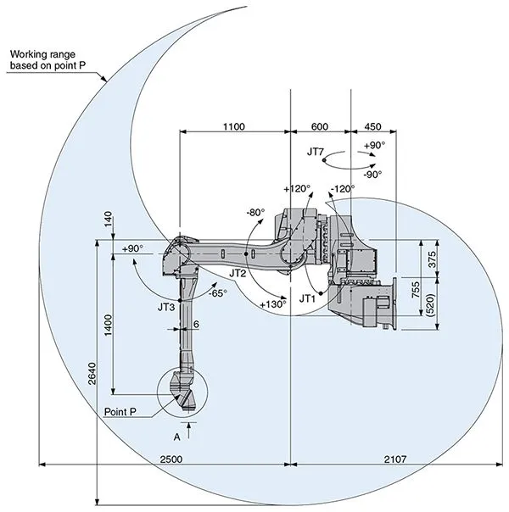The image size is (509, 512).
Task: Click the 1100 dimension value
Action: click(x=233, y=125)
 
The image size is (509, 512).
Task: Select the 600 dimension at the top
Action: click(x=319, y=125)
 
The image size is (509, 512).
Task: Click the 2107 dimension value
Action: click(x=394, y=459)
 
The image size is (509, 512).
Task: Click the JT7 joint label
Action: click(x=316, y=153)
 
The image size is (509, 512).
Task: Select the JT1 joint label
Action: click(x=308, y=298)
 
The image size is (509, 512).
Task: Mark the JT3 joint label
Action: click(x=166, y=306)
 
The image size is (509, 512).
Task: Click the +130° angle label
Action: click(x=272, y=303)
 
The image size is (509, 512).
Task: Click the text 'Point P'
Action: click(x=122, y=411)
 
